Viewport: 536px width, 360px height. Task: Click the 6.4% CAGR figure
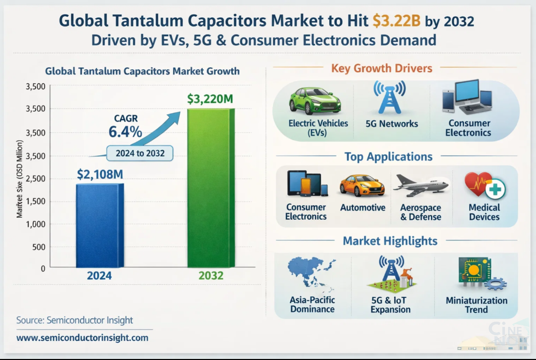125,131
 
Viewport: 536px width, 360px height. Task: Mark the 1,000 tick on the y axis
35,224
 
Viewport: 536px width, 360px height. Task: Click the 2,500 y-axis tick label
35,179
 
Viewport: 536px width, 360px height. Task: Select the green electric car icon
314,100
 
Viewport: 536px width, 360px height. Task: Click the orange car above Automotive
362,186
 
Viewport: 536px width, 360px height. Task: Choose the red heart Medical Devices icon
484,185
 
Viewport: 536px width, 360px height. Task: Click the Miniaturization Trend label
476,305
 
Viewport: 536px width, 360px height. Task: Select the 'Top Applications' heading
389,157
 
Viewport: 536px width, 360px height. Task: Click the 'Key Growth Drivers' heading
382,68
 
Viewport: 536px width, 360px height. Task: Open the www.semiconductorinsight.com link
82,338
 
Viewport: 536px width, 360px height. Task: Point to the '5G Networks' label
392,124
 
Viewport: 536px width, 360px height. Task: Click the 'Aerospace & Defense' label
421,212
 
